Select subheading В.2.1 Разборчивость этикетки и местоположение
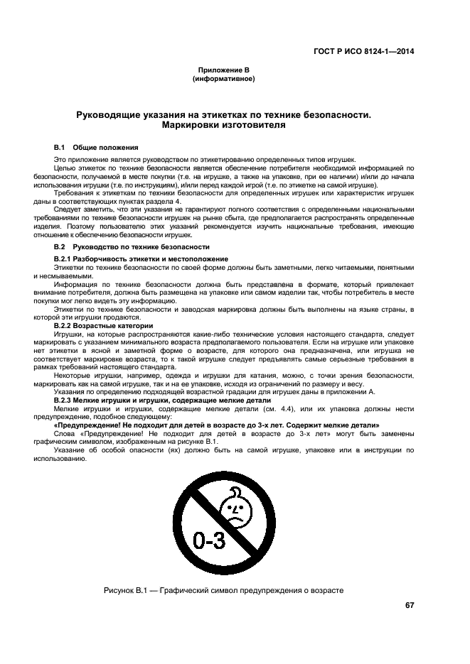coord(141,258)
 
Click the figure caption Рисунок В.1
coord(223,590)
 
